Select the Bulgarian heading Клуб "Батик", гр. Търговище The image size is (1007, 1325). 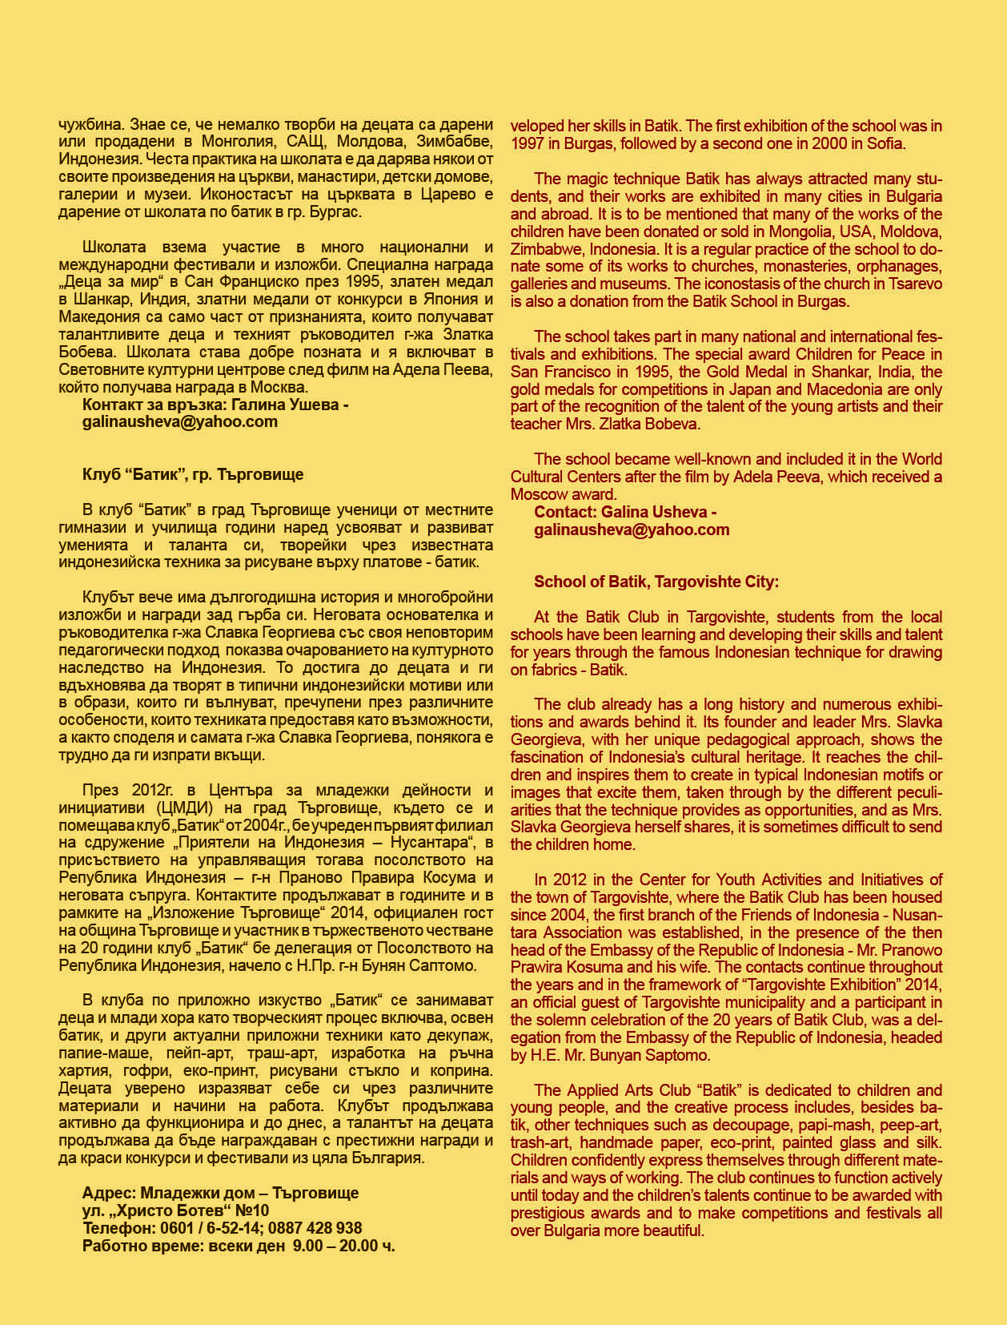click(x=193, y=473)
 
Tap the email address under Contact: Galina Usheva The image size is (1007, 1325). click(x=632, y=529)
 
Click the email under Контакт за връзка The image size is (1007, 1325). click(x=180, y=421)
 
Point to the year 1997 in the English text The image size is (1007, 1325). click(x=528, y=144)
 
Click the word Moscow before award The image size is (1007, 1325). click(x=539, y=494)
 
